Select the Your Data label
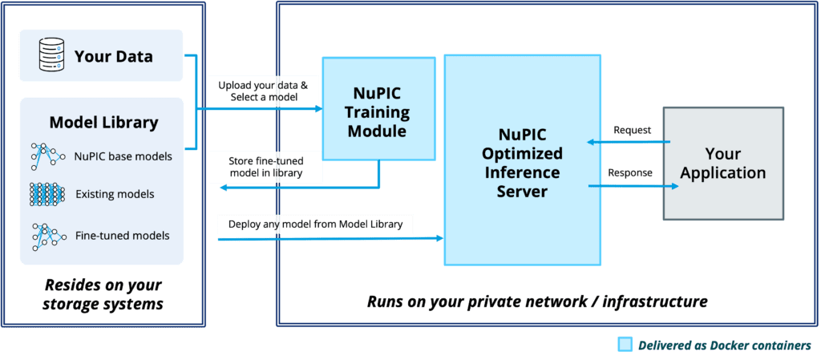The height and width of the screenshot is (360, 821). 114,56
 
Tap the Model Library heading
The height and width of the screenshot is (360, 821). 103,123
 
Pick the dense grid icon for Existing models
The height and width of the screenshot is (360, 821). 47,194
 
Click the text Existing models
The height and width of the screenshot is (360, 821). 115,194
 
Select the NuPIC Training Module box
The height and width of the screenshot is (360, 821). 378,108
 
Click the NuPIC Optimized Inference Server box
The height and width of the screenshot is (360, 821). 522,160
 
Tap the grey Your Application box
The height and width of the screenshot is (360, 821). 723,163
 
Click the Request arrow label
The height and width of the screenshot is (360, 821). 632,130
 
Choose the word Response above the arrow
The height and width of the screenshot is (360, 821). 630,172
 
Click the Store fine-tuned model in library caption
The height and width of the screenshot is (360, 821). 266,167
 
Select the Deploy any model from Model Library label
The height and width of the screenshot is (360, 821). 316,224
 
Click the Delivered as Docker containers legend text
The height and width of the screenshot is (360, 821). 724,345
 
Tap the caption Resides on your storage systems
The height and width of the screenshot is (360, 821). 103,294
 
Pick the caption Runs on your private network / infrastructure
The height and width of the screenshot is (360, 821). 537,301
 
